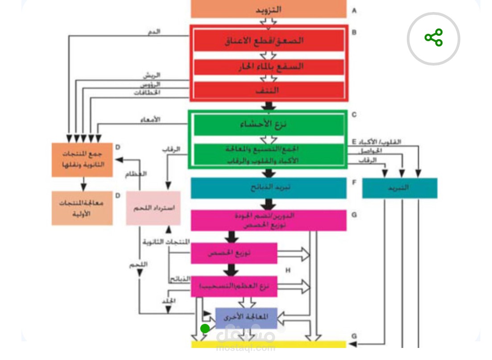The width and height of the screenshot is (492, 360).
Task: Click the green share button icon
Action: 434,38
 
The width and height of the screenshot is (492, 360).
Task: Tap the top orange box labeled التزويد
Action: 269,9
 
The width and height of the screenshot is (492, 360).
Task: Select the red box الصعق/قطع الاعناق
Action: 269,41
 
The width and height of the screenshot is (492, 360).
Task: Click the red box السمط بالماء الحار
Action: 269,66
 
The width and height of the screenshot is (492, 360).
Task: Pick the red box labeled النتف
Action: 269,90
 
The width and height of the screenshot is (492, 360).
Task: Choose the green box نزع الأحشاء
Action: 269,124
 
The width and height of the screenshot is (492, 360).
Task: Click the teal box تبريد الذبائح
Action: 269,188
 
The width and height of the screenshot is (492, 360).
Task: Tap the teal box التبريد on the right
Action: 399,188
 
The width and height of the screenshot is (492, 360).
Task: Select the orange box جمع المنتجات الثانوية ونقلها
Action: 82,160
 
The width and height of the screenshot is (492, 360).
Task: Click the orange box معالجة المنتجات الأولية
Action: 82,208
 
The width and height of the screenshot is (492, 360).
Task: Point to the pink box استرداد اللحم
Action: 153,208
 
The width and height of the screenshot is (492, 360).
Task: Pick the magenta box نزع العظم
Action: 234,286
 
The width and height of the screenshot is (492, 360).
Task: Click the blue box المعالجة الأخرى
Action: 246,318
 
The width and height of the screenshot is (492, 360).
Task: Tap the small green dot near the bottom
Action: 205,329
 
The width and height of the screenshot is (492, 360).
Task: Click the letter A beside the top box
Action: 354,10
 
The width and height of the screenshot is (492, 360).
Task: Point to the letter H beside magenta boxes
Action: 288,270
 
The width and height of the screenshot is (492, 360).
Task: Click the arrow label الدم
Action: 154,32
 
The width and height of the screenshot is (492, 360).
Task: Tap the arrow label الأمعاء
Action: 152,120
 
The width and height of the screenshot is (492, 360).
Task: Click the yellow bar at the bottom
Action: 269,344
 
